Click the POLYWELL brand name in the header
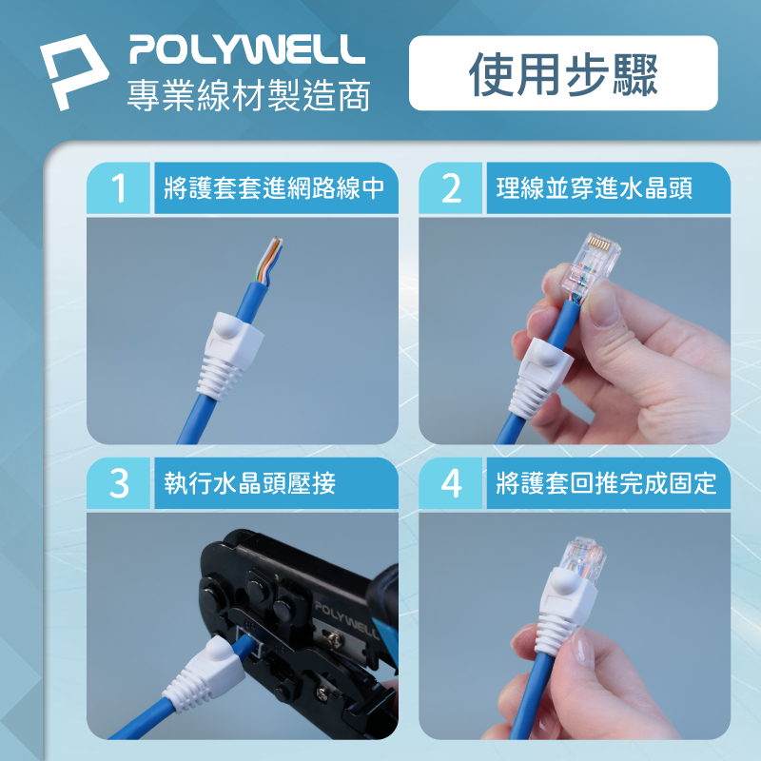247,49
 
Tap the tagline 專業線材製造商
248,94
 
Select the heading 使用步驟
563,74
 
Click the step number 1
118,188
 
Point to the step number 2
451,188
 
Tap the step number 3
119,483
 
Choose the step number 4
451,483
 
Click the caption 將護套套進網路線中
274,188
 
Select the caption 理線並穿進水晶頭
594,188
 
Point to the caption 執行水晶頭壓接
250,483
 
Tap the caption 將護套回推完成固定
606,483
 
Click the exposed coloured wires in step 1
270,261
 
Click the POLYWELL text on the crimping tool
346,620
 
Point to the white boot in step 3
204,673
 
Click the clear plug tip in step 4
582,559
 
